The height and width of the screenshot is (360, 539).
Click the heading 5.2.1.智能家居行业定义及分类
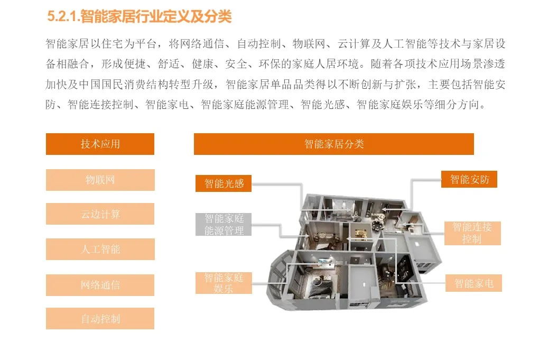coord(139,16)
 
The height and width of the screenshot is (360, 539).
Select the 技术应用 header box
coord(100,144)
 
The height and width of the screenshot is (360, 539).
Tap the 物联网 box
coord(100,180)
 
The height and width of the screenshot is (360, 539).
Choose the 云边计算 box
coord(100,214)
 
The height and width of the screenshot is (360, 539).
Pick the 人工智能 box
coord(100,249)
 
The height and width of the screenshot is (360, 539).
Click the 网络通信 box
coord(100,285)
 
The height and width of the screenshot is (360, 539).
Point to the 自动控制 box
coord(100,318)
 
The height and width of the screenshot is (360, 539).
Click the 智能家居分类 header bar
coord(334,144)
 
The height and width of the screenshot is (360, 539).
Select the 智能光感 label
coord(224,183)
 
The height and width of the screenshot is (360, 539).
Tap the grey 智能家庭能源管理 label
coord(224,224)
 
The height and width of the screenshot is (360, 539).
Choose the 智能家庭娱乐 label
coord(224,283)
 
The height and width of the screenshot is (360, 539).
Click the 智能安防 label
coord(469,179)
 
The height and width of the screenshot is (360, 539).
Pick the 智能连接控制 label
coord(472,233)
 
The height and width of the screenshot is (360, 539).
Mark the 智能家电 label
coord(473,283)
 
